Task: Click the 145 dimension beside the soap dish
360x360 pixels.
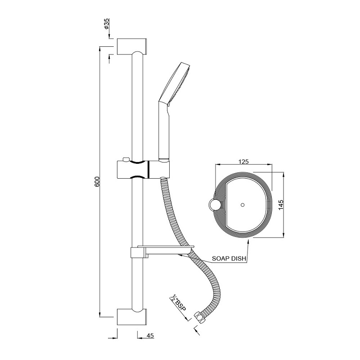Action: tap(281, 205)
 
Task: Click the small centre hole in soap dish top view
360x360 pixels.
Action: tap(243, 205)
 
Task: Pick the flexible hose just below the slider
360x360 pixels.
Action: tap(166, 193)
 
